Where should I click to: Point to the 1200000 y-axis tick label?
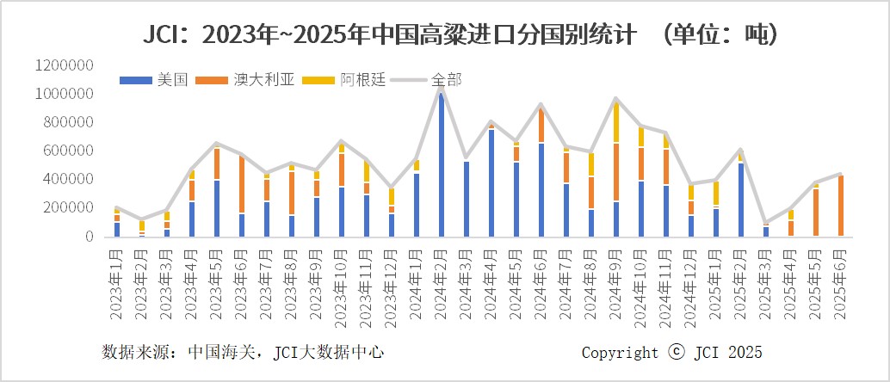click(65, 65)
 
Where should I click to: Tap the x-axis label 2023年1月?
click(117, 285)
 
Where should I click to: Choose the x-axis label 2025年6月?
click(840, 285)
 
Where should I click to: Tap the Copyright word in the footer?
click(620, 353)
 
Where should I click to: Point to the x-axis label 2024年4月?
click(491, 285)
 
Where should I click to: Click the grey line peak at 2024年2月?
click(442, 88)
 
